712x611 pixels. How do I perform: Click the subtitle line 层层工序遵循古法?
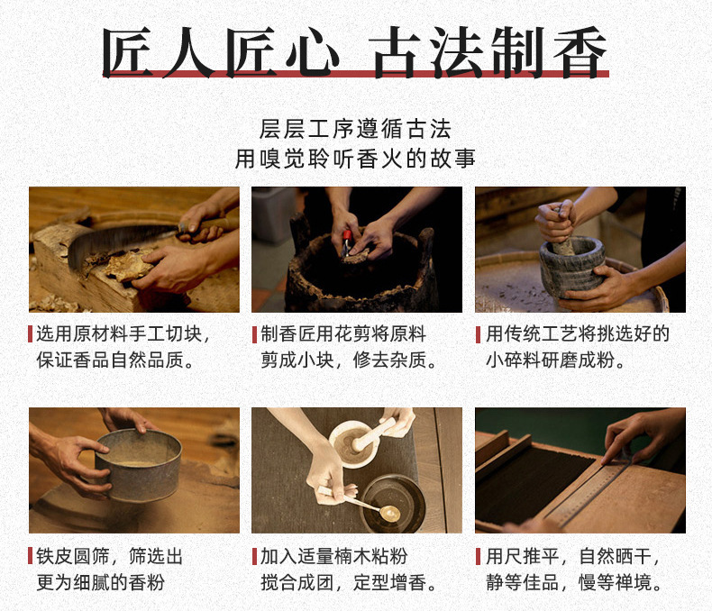pos(355,130)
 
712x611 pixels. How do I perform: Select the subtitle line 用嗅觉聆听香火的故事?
pos(355,159)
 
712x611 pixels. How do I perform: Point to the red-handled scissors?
pos(347,242)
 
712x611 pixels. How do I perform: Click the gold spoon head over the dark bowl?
pos(389,514)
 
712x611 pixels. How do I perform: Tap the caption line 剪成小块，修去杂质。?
pos(349,360)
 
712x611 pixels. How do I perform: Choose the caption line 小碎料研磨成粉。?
pos(555,360)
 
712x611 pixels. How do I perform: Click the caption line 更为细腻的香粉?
pos(100,582)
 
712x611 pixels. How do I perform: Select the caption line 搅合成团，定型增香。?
pos(349,582)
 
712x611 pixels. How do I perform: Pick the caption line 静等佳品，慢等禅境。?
pos(574,582)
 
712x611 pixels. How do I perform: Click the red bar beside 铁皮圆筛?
pos(30,556)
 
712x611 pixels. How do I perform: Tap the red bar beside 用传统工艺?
pos(479,334)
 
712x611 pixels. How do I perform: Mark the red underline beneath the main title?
pos(355,74)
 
